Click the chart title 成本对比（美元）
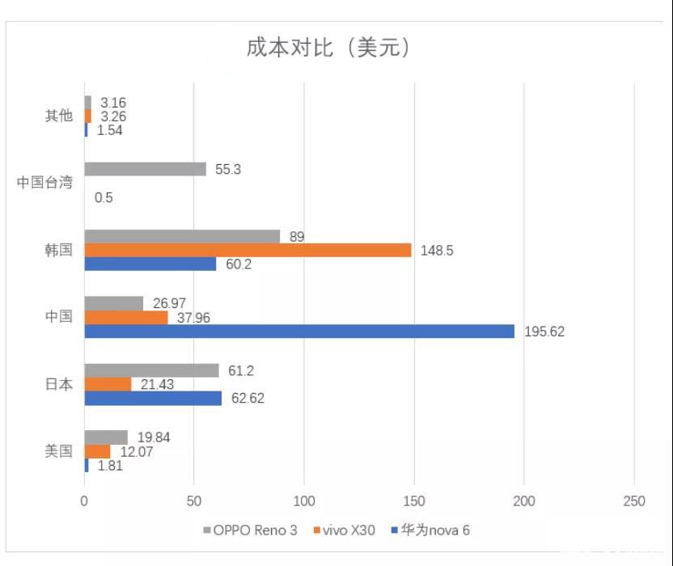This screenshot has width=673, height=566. coord(329,48)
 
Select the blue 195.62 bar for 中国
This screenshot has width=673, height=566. coord(299,331)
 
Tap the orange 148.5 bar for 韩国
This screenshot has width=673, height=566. coord(248,250)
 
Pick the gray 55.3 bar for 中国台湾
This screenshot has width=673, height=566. coord(145,169)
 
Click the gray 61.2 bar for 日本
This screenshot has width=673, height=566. coord(151,370)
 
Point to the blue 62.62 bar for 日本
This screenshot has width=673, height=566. coord(153,398)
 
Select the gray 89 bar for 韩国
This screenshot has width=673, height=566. coord(182,236)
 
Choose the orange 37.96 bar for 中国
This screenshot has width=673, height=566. coord(126,317)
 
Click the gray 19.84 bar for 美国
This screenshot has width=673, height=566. coord(106,437)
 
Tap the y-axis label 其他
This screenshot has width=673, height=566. coord(58,116)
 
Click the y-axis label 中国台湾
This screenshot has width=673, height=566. coord(44,183)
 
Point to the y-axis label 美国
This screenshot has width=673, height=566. coord(58,451)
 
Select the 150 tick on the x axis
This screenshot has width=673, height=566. coord(414,502)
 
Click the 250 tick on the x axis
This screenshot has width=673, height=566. coord(634,502)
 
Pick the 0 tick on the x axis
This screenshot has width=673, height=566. coord(84,502)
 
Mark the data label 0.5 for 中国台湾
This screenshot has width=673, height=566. coord(104,196)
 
